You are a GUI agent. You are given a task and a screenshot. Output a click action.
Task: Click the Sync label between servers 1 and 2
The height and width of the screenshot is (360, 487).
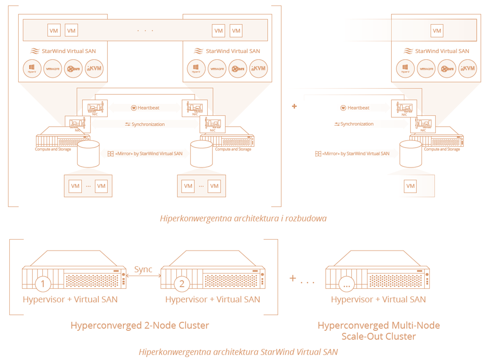(143, 270)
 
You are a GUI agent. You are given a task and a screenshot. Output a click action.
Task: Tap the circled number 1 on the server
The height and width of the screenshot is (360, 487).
(43, 283)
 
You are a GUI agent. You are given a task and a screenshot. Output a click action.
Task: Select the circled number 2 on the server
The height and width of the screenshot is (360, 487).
(182, 283)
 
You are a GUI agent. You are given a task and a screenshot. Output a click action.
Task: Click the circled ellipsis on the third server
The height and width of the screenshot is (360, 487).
(346, 284)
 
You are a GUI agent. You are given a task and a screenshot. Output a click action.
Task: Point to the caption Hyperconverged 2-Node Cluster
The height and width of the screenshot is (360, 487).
(140, 325)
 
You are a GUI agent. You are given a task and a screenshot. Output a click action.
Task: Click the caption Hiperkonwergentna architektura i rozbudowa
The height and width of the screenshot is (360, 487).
(243, 218)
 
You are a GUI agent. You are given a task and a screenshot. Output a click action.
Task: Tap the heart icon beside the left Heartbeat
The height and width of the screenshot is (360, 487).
(134, 108)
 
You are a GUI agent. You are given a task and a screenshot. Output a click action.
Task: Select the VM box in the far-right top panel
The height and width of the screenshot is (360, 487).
(437, 31)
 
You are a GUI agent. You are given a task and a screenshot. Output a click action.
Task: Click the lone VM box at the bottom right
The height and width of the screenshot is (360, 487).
(410, 186)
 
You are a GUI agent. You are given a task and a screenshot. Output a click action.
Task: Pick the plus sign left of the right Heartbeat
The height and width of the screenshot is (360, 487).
(294, 106)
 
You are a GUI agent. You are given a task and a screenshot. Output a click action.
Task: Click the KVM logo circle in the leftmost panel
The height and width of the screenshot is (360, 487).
(94, 69)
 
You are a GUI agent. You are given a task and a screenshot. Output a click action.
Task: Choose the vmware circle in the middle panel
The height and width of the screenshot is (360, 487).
(217, 69)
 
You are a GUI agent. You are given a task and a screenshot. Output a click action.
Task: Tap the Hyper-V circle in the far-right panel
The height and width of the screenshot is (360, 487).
(405, 69)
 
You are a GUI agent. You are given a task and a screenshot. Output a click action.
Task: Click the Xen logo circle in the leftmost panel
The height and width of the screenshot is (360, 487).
(73, 69)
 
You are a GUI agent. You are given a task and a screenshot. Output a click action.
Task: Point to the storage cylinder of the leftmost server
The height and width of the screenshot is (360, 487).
(88, 154)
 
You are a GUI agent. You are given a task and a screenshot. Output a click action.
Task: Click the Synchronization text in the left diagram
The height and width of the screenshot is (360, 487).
(148, 124)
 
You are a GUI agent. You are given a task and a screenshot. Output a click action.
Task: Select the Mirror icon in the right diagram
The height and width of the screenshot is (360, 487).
(318, 154)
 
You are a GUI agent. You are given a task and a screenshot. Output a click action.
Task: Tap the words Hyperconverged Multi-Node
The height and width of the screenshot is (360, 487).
(378, 325)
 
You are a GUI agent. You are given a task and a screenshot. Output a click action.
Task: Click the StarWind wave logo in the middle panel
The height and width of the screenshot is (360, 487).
(199, 51)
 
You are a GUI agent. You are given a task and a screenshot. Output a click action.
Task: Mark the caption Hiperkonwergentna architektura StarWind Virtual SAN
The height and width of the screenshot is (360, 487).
(238, 352)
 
